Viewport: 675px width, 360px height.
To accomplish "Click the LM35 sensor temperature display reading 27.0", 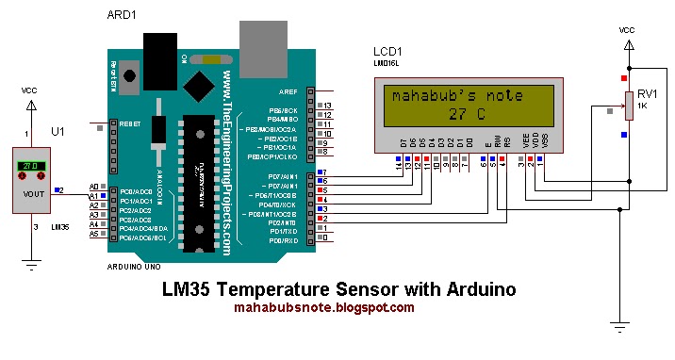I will click(x=30, y=167).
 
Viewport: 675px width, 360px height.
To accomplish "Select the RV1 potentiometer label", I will click(x=646, y=94).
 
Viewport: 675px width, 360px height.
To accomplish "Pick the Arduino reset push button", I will click(x=127, y=73).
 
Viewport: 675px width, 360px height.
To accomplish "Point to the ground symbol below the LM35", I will click(x=31, y=266).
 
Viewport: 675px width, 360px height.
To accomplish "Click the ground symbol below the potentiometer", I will click(x=619, y=326).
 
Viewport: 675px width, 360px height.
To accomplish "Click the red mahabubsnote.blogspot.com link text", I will click(x=323, y=307).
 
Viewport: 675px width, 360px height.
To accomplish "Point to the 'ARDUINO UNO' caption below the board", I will click(x=139, y=267).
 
